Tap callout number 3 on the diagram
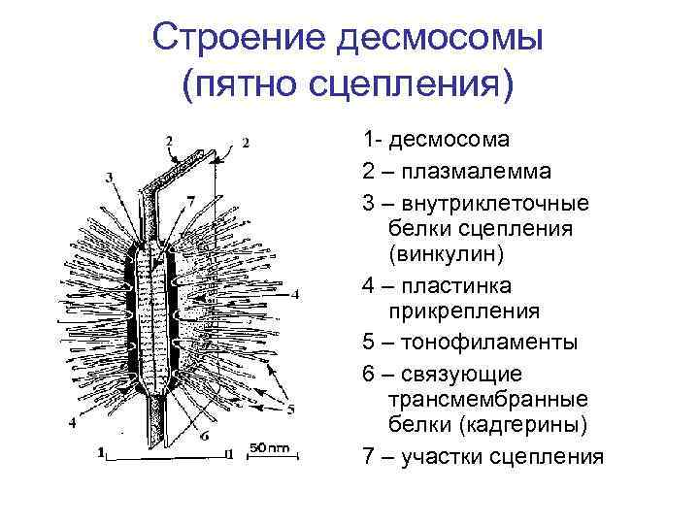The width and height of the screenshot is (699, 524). click(x=109, y=177)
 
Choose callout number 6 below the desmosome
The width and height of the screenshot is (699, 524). click(x=205, y=436)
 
